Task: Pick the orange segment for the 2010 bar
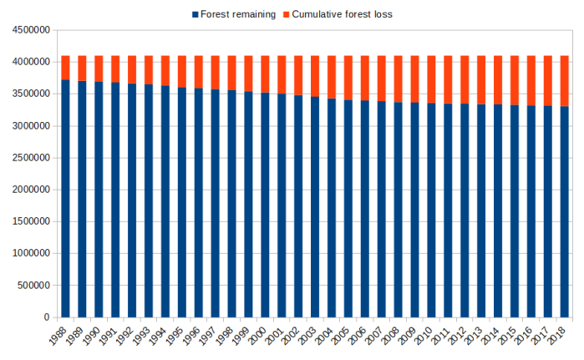click(x=431, y=79)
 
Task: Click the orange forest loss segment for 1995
click(x=182, y=71)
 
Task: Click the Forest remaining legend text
click(x=238, y=14)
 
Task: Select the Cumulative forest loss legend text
click(x=342, y=14)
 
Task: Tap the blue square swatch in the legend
click(x=196, y=14)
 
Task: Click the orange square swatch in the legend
click(x=286, y=14)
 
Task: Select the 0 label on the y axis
click(x=48, y=317)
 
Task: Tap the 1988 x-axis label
click(x=59, y=336)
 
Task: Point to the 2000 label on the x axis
click(x=259, y=336)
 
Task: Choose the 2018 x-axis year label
click(x=559, y=336)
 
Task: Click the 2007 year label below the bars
click(x=376, y=336)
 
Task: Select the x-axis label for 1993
click(x=143, y=336)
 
